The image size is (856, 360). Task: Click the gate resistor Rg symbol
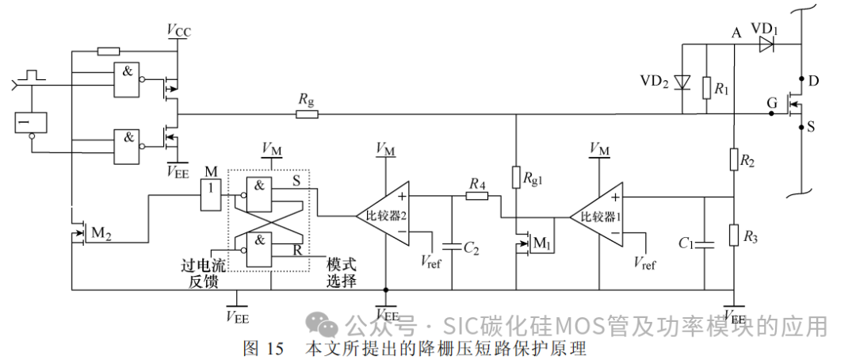(307, 114)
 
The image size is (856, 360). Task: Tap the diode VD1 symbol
(765, 45)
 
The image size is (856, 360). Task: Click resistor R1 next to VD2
(706, 89)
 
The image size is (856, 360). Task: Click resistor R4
(476, 194)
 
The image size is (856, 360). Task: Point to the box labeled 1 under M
(210, 195)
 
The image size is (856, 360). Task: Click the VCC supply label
(178, 31)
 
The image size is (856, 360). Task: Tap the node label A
(736, 33)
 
